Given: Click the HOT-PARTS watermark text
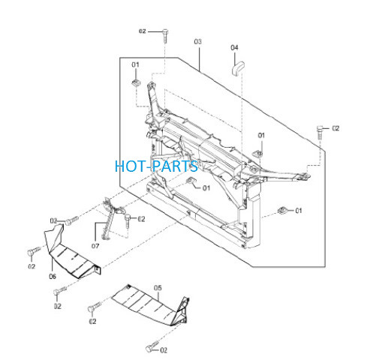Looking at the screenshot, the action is (156, 166).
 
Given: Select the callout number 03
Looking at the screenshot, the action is (197, 41).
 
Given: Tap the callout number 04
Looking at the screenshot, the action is (234, 47).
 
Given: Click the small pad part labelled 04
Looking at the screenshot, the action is (237, 67).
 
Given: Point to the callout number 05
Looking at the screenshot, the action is (158, 288).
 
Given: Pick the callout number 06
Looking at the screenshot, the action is (53, 276).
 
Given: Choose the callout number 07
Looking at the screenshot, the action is (95, 246).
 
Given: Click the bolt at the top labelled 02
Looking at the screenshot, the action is (165, 36).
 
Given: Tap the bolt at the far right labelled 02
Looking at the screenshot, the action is (320, 133).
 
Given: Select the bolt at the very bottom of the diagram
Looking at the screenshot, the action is (152, 346).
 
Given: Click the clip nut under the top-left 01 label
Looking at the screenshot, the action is (137, 82).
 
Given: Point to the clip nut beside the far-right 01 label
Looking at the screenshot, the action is (282, 211).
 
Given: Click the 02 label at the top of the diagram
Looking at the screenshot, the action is (143, 31).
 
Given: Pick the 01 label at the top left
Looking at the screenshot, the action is (135, 64).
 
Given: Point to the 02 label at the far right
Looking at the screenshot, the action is (335, 128).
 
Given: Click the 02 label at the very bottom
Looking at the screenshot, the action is (164, 350).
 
